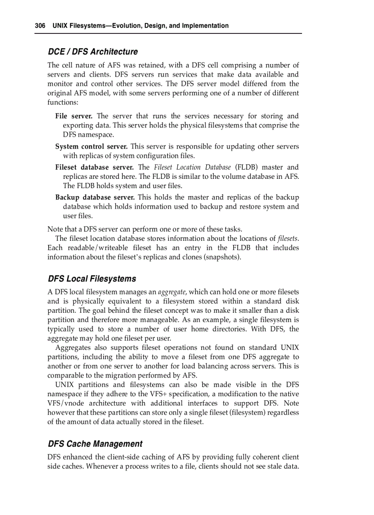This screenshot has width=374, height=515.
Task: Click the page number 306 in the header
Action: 40,26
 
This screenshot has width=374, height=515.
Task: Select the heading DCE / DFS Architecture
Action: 93,52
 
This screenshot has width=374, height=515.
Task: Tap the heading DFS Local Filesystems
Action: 92,279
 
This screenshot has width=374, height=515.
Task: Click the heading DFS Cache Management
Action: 95,444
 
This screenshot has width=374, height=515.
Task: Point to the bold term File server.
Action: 74,116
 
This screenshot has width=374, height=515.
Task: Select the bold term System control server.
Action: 91,147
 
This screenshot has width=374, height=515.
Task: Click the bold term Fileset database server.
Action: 94,167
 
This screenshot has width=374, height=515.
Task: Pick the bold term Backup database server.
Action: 95,198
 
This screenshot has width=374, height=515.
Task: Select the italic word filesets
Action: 288,238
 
